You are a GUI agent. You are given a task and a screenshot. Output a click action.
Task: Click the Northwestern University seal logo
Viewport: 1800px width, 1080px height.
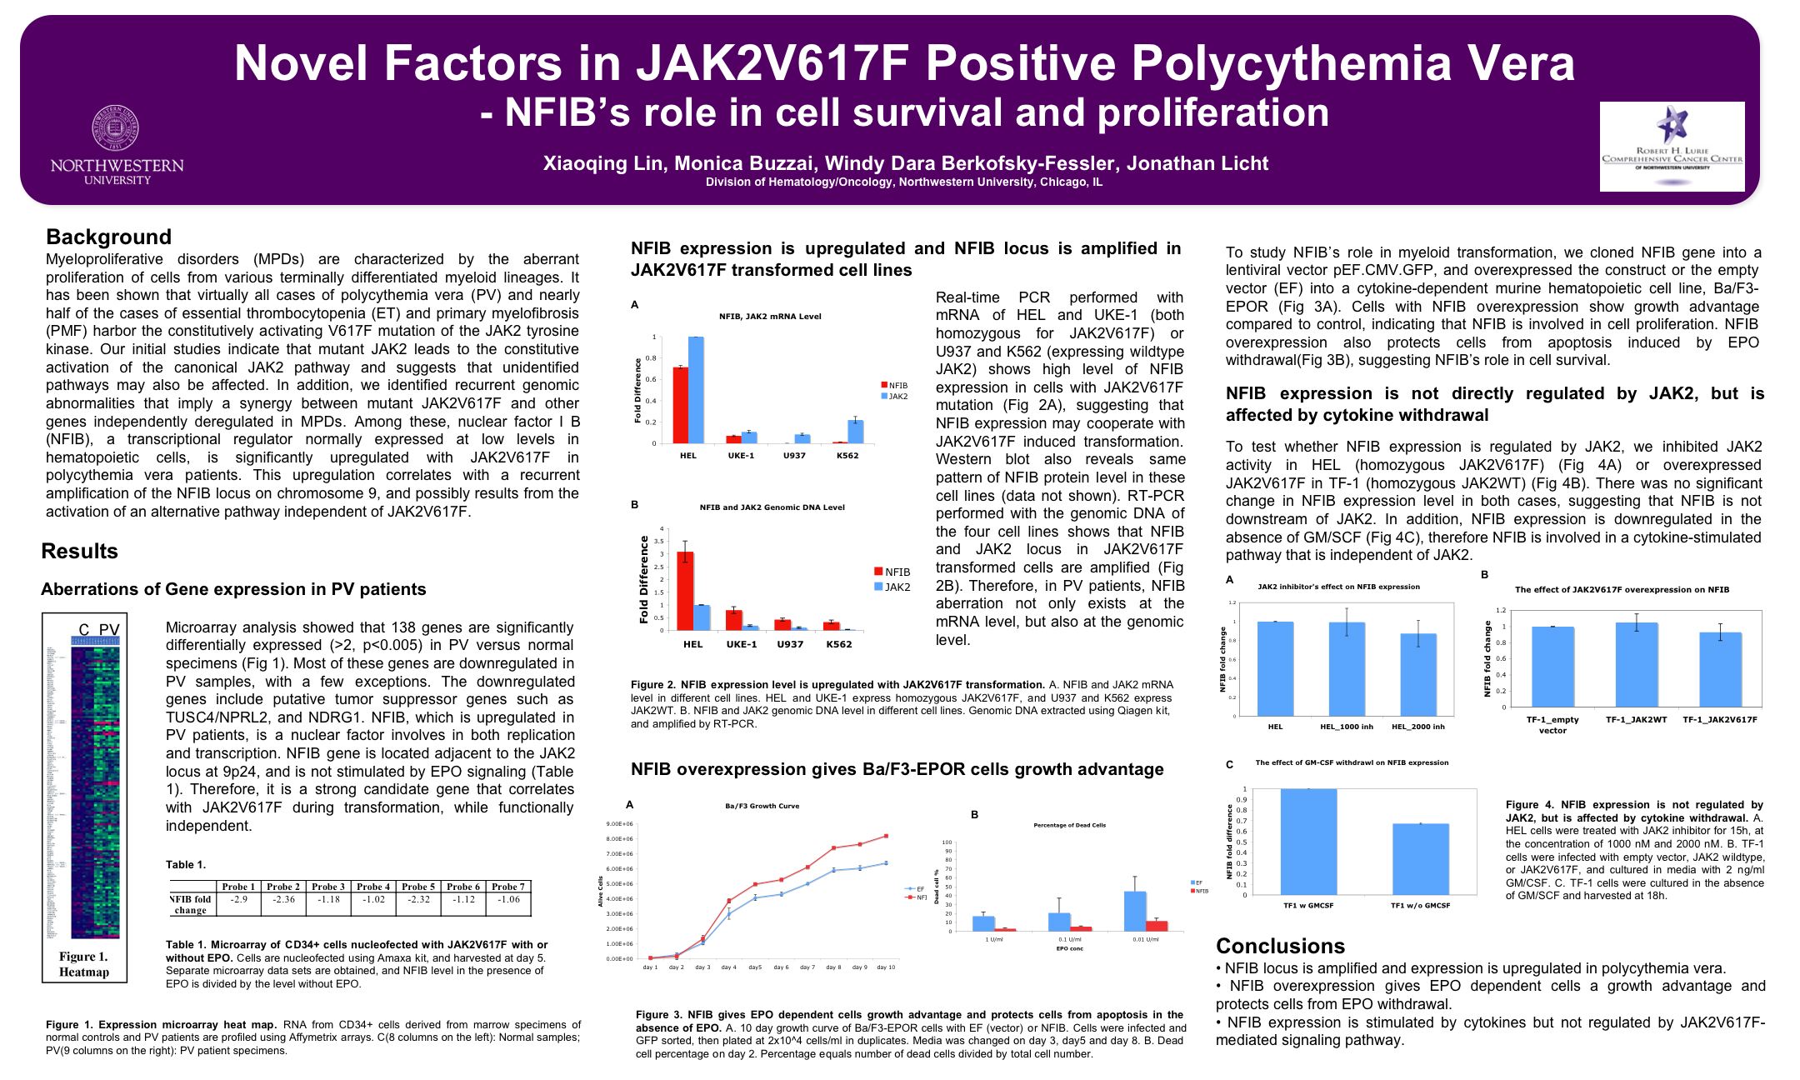[116, 128]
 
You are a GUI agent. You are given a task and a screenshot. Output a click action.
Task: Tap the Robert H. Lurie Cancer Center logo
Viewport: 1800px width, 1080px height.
[1671, 146]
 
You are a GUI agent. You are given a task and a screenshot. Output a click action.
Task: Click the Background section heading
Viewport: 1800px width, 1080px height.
[108, 237]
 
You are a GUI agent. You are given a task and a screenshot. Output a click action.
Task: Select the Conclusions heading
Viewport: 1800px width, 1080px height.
[1280, 946]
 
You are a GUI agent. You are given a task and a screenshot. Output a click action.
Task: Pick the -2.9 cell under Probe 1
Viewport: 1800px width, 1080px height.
[238, 900]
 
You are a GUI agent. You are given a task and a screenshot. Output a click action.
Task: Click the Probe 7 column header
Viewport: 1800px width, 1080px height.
[507, 887]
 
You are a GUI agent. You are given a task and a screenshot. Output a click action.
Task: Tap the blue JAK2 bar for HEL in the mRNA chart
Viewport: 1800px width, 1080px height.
[696, 390]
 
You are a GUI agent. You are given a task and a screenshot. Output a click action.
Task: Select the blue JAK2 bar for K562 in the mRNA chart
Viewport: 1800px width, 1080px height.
[856, 432]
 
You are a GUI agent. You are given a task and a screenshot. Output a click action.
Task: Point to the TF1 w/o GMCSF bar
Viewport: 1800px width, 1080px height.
[1420, 858]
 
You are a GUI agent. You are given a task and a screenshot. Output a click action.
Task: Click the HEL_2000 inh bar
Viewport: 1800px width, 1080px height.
[1418, 674]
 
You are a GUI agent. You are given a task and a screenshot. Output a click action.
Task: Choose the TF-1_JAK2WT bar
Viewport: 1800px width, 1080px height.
[1637, 664]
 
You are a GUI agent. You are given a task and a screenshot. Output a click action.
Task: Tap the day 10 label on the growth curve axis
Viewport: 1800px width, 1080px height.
[886, 967]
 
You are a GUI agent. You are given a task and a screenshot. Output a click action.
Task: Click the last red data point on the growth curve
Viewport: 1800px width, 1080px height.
[886, 836]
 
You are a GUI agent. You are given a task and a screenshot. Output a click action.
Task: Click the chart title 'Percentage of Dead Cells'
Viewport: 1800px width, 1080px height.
[1069, 825]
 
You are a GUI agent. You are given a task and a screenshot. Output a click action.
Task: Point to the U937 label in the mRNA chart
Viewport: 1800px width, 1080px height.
[794, 455]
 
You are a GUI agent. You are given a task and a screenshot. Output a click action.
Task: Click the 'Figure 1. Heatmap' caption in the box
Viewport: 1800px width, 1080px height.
[83, 964]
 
